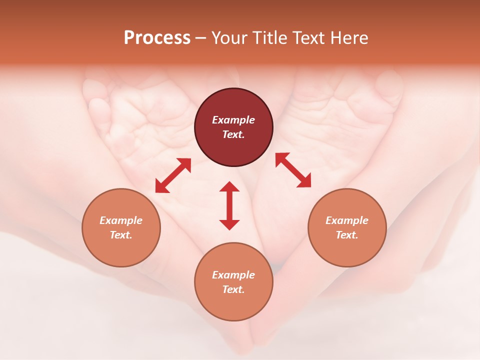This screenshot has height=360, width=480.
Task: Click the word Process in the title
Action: tap(157, 38)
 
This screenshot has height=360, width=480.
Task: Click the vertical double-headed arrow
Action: tap(229, 205)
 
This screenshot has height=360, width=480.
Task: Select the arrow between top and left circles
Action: tap(173, 175)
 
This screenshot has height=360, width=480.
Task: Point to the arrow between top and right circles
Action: tap(293, 170)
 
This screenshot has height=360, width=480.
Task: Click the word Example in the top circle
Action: tap(233, 120)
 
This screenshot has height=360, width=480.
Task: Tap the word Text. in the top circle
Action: tap(233, 134)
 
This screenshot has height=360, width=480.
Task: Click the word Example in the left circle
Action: tap(121, 220)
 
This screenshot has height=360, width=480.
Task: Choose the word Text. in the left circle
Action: tap(121, 235)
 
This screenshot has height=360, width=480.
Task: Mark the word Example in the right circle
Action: tap(347, 220)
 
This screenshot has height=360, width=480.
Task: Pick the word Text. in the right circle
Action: tap(347, 235)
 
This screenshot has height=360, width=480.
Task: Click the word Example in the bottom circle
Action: tap(233, 275)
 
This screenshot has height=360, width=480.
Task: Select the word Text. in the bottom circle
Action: tap(233, 289)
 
